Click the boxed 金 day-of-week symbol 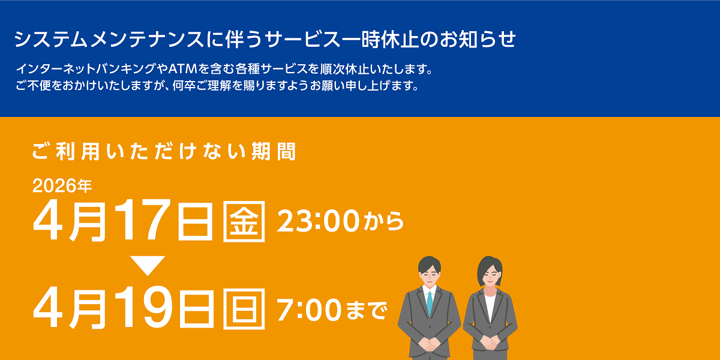[x=244, y=222]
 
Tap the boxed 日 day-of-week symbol [x=244, y=309]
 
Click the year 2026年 [x=62, y=187]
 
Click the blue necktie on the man [x=429, y=302]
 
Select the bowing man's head [x=430, y=272]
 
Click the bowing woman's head [x=490, y=272]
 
